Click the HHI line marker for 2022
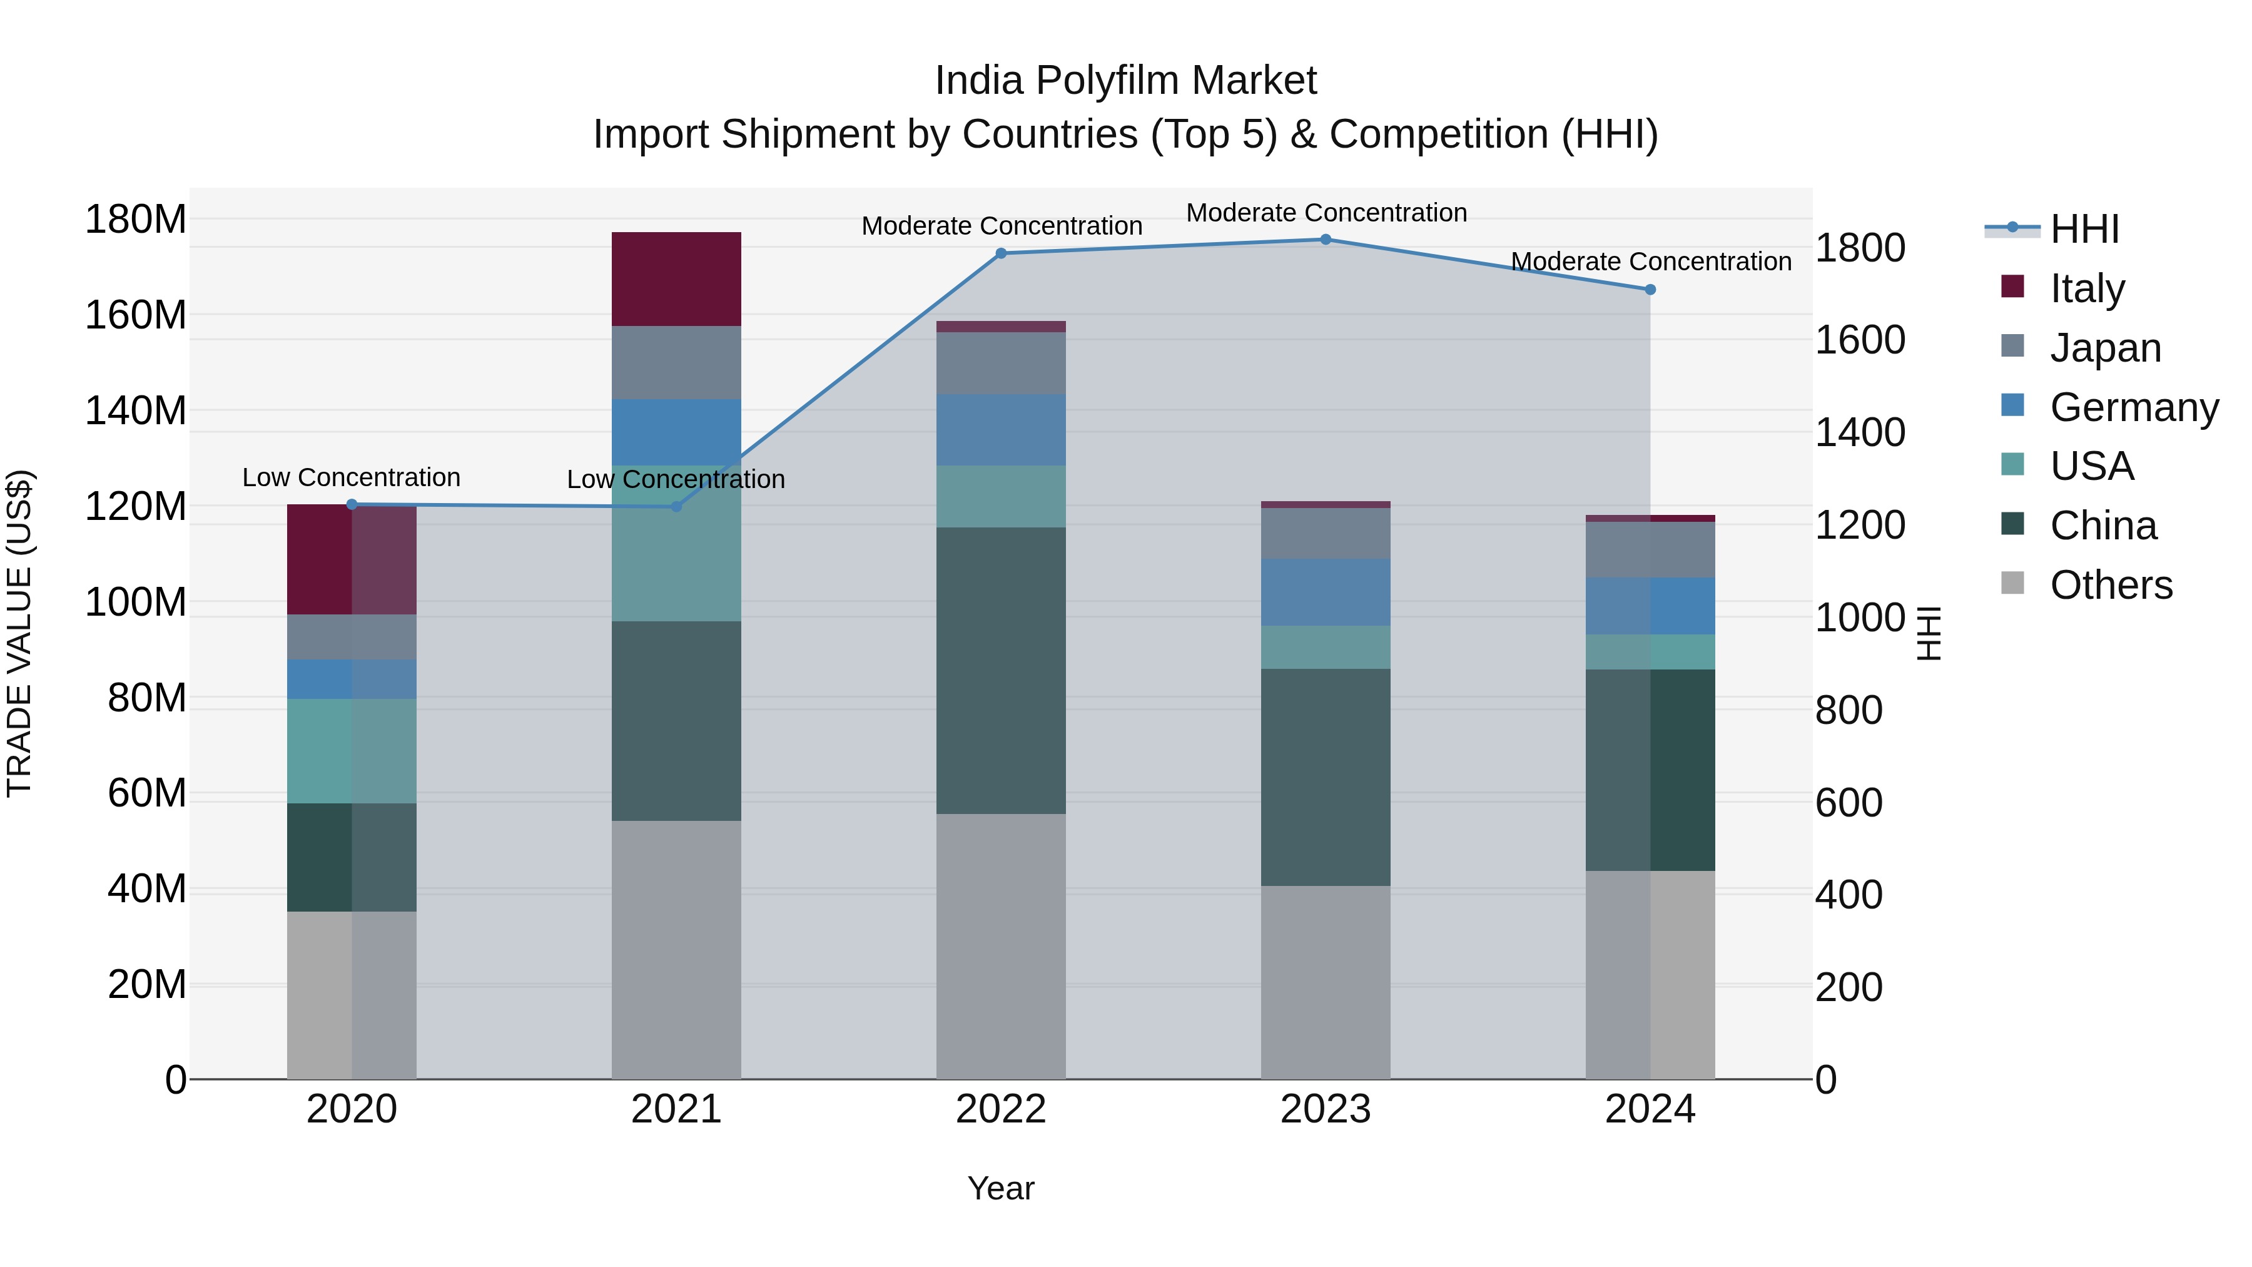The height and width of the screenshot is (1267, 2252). click(1001, 253)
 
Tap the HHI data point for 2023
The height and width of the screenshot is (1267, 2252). click(1326, 240)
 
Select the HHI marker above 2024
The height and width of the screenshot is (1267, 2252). click(1650, 290)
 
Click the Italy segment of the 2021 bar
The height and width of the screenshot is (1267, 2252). click(676, 279)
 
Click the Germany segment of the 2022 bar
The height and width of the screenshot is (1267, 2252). click(1001, 429)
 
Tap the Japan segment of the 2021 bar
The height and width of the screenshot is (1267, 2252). click(676, 362)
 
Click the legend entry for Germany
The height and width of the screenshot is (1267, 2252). click(2133, 407)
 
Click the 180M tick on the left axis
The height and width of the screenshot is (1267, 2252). click(136, 220)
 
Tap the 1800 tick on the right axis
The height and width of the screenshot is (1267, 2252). click(1860, 248)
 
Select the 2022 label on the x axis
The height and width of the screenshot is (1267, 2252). click(1001, 1109)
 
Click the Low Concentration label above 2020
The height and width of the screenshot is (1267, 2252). click(352, 477)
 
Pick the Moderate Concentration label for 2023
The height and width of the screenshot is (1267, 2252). click(1326, 213)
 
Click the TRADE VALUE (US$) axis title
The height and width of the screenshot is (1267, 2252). click(19, 633)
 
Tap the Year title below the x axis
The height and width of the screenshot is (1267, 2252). click(1001, 1188)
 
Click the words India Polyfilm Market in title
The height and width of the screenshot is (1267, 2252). click(1125, 81)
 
